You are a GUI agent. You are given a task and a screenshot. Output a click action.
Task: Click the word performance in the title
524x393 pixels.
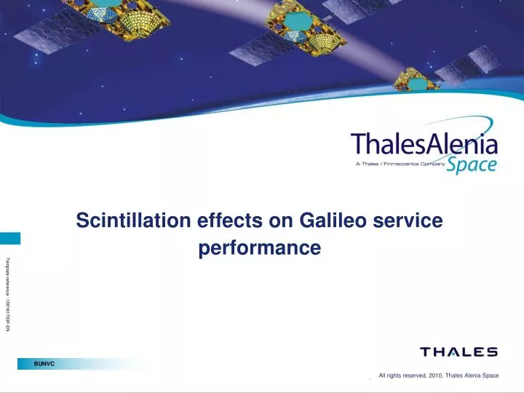click(x=260, y=248)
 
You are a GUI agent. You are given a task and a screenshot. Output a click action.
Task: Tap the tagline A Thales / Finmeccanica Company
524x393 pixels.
click(x=399, y=164)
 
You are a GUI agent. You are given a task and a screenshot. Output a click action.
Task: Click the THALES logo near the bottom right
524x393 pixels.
click(x=458, y=352)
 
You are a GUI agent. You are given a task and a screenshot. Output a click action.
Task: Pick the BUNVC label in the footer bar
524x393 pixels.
click(x=44, y=363)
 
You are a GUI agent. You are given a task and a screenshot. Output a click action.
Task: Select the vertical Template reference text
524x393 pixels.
click(x=8, y=294)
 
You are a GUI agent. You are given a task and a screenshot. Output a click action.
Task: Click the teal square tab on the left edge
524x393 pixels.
click(x=10, y=239)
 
